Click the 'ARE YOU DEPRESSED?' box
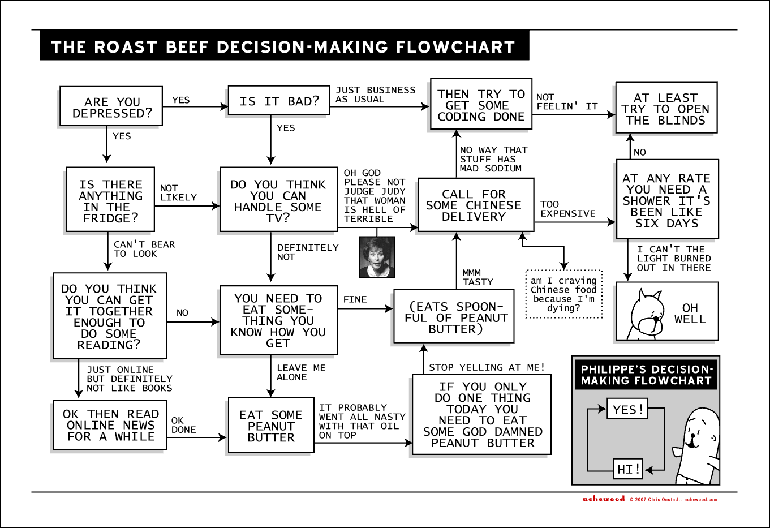[x=111, y=106]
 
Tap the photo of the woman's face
[x=377, y=257]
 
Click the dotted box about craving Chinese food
[x=564, y=294]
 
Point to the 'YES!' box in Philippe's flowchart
[x=627, y=409]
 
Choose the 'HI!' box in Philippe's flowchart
[x=628, y=469]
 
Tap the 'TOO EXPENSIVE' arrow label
[x=567, y=209]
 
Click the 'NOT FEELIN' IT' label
[x=566, y=102]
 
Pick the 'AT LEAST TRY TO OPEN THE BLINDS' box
[x=666, y=109]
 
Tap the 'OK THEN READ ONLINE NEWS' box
[x=110, y=425]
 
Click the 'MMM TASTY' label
[x=477, y=277]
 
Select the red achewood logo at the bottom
[x=604, y=499]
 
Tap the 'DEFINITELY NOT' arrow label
[x=307, y=252]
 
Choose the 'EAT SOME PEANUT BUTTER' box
[x=271, y=426]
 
